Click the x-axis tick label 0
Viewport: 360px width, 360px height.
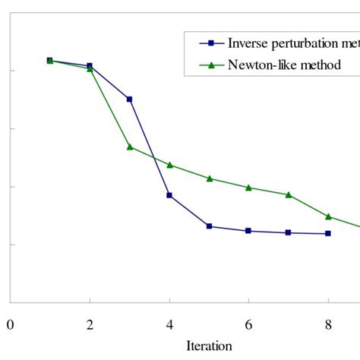click(x=10, y=326)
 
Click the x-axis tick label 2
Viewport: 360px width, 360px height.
click(x=90, y=326)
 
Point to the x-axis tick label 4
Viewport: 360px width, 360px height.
click(x=169, y=326)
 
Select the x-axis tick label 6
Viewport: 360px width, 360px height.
click(x=248, y=326)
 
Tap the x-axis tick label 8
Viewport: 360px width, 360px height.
click(x=328, y=326)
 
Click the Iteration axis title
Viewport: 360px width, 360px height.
click(x=209, y=346)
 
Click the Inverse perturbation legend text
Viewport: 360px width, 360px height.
click(x=293, y=43)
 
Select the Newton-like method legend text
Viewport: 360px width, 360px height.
click(x=284, y=65)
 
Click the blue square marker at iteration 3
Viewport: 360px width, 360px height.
click(x=129, y=99)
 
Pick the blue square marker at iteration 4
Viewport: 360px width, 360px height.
click(x=169, y=195)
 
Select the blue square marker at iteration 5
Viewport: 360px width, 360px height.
click(x=209, y=226)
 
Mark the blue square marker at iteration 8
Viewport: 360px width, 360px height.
click(x=328, y=233)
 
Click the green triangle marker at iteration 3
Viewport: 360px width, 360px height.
click(x=129, y=146)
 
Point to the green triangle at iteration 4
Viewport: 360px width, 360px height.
click(x=169, y=164)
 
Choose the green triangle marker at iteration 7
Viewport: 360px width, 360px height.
click(x=289, y=194)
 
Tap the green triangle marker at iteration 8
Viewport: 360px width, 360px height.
click(x=328, y=216)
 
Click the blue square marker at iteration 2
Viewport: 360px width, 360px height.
click(x=90, y=65)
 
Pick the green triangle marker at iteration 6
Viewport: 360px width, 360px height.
click(x=248, y=187)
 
